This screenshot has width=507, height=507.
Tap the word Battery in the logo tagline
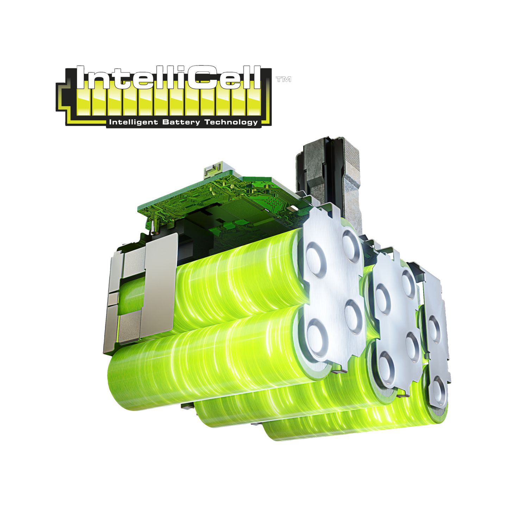tap(181, 122)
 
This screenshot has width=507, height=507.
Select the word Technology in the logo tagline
tap(231, 122)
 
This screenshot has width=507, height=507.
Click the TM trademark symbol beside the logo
tap(283, 80)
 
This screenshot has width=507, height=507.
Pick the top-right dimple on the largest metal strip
tap(352, 245)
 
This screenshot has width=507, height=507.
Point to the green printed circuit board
tap(211, 197)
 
